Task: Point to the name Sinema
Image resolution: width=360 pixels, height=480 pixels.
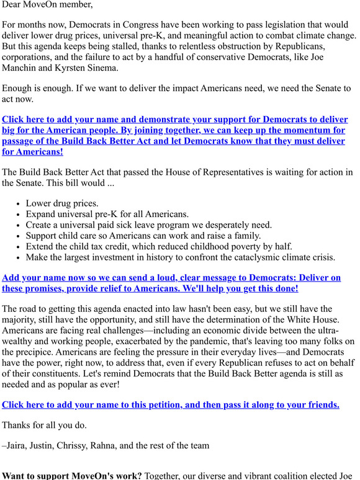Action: point(100,68)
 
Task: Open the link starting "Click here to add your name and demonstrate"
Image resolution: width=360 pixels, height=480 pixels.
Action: point(174,120)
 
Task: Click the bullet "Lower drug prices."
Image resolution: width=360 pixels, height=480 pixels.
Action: point(62,203)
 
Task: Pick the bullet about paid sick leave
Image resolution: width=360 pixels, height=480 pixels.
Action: point(148,224)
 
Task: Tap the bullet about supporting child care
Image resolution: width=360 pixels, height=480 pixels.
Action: point(143,236)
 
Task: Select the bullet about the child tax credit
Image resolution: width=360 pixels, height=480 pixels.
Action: point(159,246)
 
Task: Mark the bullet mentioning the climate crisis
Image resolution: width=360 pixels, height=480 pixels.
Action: point(180,257)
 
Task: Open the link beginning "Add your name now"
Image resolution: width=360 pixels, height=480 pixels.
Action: point(171,278)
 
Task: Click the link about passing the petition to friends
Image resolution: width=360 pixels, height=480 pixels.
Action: point(171,405)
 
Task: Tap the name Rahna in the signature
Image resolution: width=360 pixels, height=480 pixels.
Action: point(116,445)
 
